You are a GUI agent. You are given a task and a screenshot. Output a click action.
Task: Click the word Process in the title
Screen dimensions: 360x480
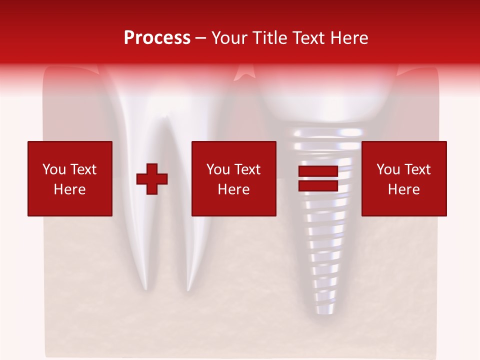click(157, 38)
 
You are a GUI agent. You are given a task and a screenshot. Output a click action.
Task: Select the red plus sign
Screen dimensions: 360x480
click(152, 179)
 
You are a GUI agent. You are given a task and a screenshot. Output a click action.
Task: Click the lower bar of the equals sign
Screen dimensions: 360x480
click(318, 185)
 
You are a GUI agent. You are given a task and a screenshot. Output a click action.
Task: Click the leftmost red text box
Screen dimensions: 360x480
click(70, 178)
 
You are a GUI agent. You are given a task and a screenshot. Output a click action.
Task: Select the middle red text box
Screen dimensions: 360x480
click(234, 178)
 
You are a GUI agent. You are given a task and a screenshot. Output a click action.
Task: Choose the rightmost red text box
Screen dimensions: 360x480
click(404, 178)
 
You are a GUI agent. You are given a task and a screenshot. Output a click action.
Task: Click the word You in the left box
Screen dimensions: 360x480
click(54, 169)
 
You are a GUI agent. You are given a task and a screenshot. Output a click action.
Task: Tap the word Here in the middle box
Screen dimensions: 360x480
click(234, 189)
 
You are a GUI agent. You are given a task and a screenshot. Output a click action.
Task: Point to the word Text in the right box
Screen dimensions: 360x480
click(417, 169)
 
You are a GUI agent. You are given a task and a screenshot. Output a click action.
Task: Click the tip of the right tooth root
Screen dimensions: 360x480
click(188, 289)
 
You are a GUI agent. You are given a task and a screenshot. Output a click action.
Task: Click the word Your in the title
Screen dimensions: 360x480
click(230, 38)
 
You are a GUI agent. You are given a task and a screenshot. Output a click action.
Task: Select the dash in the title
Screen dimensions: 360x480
click(201, 38)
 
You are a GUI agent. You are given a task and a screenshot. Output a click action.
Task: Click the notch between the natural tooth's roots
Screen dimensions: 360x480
click(164, 120)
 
